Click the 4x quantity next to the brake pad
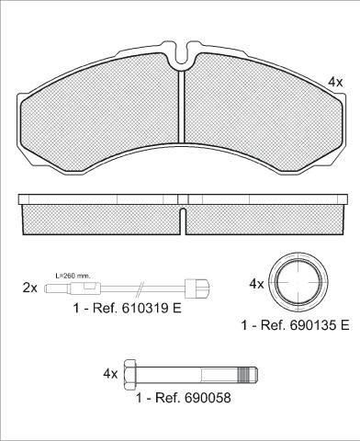335,82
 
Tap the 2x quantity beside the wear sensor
30,288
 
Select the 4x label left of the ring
256,284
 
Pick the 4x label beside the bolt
110,374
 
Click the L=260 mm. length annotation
73,276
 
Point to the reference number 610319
145,308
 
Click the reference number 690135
313,325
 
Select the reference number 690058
208,398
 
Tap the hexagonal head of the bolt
129,374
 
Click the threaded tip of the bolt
248,374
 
